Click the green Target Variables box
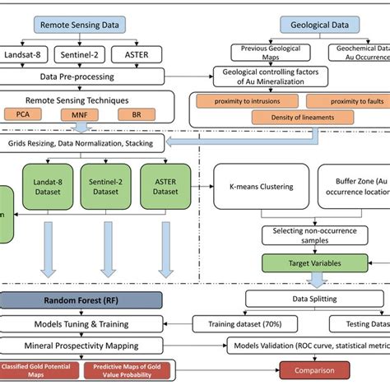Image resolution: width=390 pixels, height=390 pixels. pos(301,263)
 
